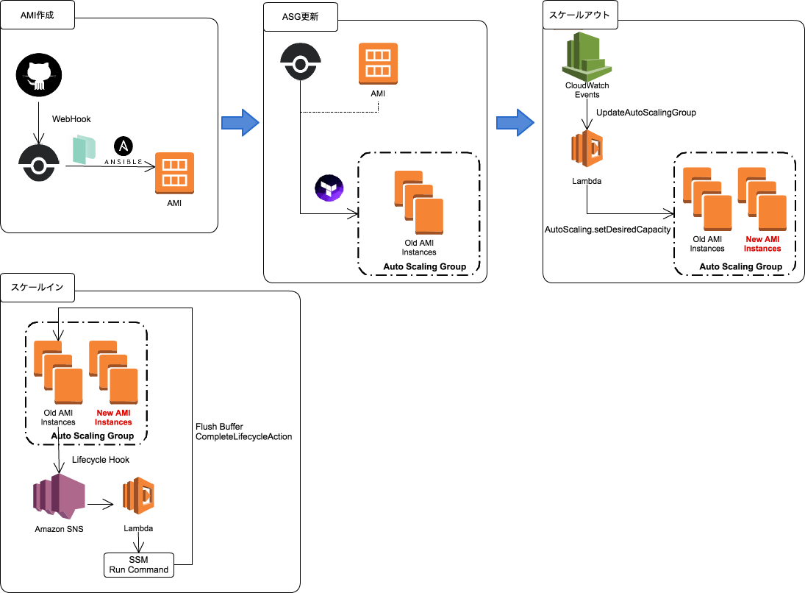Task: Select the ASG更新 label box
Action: [300, 17]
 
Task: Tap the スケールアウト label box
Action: [580, 15]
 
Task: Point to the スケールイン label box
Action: [37, 288]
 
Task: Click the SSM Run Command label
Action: [139, 565]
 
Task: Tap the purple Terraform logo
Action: [329, 188]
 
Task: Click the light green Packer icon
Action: [82, 149]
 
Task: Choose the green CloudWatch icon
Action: [586, 56]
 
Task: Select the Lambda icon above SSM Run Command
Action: [139, 496]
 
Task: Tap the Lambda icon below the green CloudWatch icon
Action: [587, 149]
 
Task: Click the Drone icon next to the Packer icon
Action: [39, 163]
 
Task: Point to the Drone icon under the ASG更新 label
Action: [301, 62]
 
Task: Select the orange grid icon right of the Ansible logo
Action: [174, 173]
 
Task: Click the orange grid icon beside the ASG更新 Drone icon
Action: [378, 63]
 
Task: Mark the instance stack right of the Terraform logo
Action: [418, 202]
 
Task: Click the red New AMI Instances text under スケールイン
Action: [113, 418]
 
